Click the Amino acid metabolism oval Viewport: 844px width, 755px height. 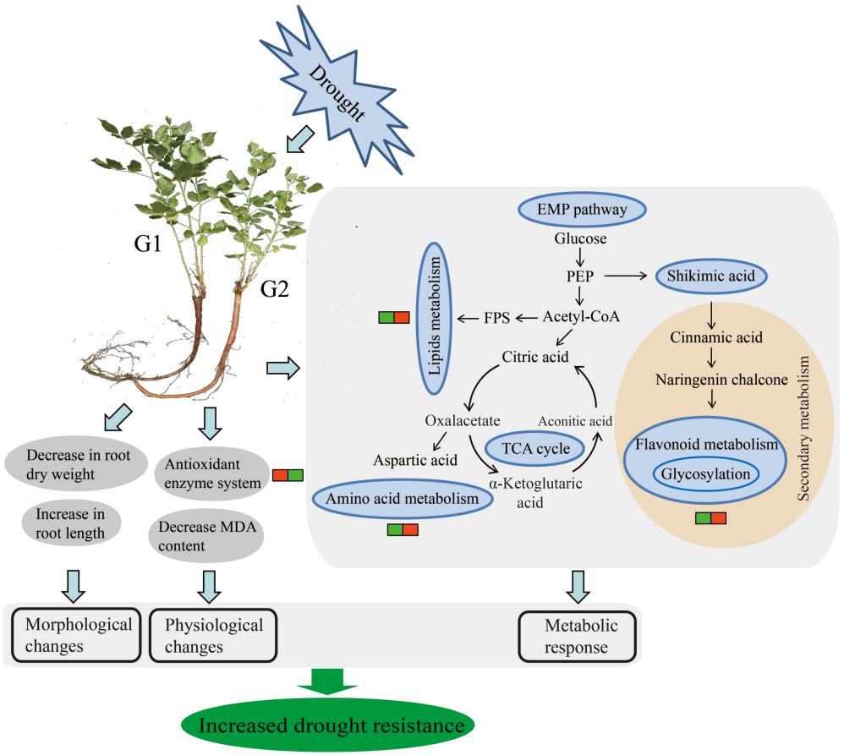click(x=403, y=500)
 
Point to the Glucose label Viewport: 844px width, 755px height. click(x=581, y=239)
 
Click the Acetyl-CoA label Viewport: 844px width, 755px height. click(x=582, y=317)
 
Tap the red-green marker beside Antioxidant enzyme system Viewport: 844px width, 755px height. click(x=288, y=475)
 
